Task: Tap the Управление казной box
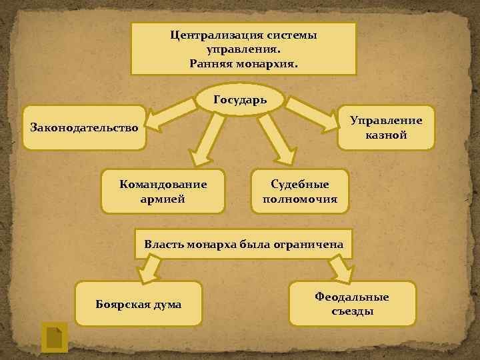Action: coord(386,127)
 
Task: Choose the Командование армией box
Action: coord(163,191)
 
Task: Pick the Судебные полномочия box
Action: coord(300,191)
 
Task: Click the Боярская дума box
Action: coord(138,305)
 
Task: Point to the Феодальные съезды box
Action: coord(352,304)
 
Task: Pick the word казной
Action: coord(386,135)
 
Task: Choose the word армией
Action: coord(163,198)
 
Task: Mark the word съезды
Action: coord(352,311)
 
